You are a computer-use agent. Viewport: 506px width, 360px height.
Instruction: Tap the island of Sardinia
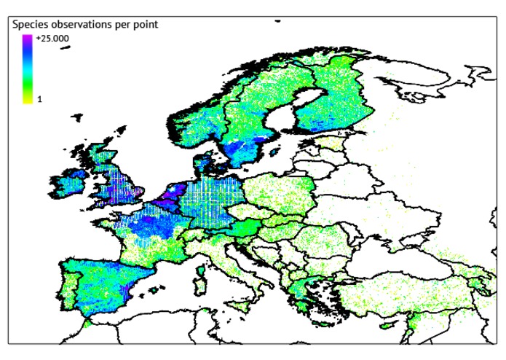coord(202,279)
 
